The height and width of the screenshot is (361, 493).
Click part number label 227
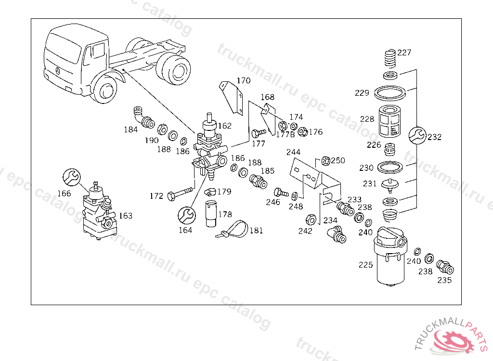coord(404,52)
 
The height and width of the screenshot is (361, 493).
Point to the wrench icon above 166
coord(71,177)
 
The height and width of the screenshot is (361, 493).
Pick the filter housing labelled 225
coord(389,260)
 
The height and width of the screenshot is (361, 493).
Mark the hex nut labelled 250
coord(325,161)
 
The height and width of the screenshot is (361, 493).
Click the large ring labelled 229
coord(390,91)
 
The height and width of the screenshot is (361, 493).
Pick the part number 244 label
coord(293,152)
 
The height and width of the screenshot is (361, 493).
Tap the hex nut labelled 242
coord(311,219)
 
